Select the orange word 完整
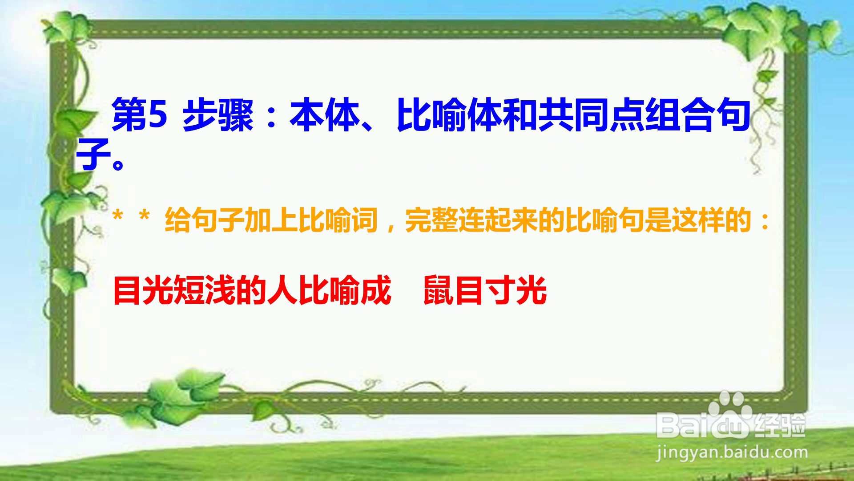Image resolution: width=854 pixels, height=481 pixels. (x=431, y=220)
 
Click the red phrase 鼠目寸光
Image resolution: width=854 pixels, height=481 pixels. (x=485, y=290)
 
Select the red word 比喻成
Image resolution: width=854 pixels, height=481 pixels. (x=345, y=290)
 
